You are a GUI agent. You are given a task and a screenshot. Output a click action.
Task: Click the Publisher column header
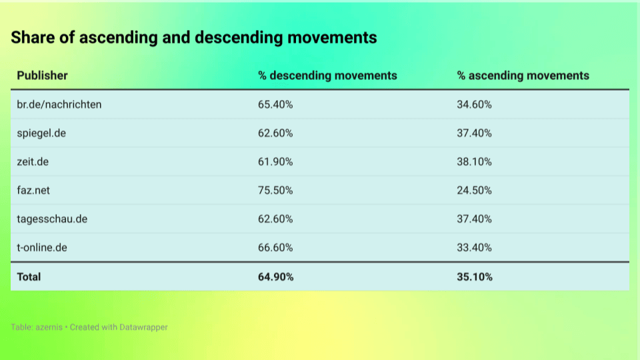(42, 75)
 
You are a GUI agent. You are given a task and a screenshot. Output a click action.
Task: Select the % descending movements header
(327, 75)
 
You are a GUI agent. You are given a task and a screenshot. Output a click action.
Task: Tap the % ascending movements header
(523, 75)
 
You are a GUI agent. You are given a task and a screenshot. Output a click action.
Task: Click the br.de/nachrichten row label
(59, 105)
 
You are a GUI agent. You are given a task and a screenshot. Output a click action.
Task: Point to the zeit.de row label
(33, 161)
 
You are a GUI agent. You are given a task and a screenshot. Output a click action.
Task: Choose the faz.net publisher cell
(33, 190)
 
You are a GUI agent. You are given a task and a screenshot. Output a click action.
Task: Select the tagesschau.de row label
(52, 219)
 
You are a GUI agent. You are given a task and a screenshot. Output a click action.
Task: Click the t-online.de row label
(42, 247)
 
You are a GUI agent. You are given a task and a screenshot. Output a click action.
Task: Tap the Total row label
(29, 277)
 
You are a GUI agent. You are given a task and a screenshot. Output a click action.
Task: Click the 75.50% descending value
(275, 190)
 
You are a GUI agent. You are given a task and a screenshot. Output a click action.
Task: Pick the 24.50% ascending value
(474, 190)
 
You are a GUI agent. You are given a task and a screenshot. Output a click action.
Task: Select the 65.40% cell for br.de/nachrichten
(275, 105)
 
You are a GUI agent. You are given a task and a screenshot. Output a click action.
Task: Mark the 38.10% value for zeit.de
(474, 161)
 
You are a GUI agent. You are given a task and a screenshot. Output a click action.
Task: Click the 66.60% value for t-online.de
(275, 247)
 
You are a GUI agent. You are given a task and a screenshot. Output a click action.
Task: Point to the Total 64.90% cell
(275, 277)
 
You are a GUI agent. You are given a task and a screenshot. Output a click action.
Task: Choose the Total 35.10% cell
(475, 277)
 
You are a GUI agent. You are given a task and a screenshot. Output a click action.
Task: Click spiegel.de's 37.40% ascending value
(474, 133)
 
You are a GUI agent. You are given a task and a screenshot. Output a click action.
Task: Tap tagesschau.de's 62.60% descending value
(275, 219)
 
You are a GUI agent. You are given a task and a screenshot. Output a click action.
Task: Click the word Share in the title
(33, 37)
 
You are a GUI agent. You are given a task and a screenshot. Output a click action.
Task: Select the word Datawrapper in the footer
(144, 327)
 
